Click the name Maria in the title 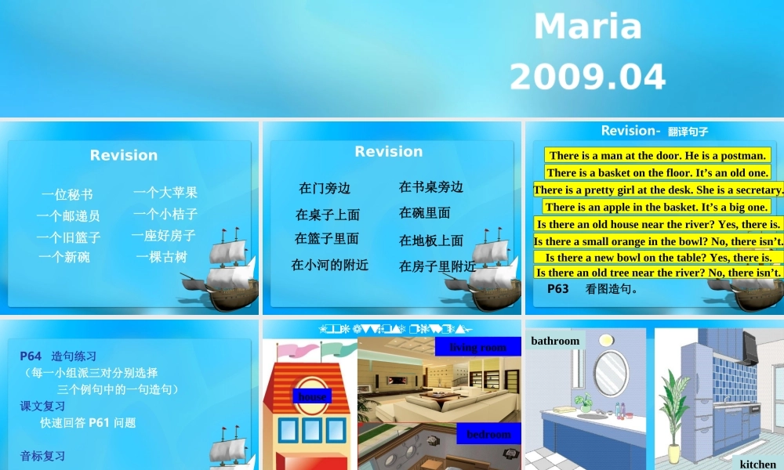[587, 27]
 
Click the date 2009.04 [587, 77]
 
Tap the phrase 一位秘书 [67, 194]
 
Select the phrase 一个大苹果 [165, 192]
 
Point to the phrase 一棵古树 [162, 257]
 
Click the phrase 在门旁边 [325, 188]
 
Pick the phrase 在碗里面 [425, 212]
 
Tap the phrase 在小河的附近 [329, 265]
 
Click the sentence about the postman [657, 155]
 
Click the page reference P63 [558, 289]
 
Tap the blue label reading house [312, 396]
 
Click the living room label [478, 346]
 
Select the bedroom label [488, 434]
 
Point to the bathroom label [555, 341]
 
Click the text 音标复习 [42, 456]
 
